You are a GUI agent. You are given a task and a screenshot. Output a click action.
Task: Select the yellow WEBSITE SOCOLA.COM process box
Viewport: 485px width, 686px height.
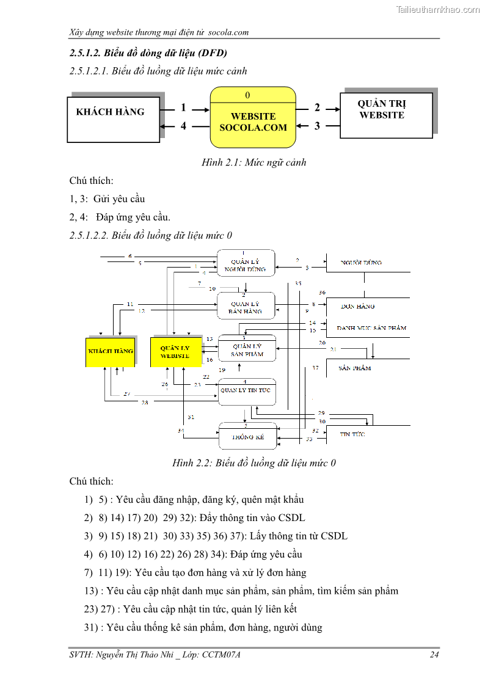pyautogui.click(x=253, y=122)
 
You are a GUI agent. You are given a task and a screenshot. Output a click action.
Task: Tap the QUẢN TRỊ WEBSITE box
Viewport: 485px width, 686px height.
pyautogui.click(x=385, y=115)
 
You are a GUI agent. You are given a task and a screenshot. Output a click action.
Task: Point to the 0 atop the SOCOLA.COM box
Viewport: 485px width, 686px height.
pyautogui.click(x=247, y=95)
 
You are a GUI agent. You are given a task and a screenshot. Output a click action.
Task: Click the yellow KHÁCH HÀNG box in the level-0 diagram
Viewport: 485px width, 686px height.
pyautogui.click(x=110, y=351)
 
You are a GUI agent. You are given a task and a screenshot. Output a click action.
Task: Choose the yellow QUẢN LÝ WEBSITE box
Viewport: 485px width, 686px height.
pyautogui.click(x=175, y=351)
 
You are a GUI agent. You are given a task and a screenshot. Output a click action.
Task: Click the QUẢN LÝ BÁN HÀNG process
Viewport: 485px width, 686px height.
pyautogui.click(x=246, y=306)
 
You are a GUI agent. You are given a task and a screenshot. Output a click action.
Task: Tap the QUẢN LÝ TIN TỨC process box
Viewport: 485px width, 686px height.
pyautogui.click(x=247, y=392)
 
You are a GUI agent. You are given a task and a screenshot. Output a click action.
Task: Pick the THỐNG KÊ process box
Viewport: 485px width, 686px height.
pyautogui.click(x=247, y=436)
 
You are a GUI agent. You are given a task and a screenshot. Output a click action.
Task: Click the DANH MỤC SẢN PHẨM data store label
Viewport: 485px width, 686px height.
pyautogui.click(x=371, y=328)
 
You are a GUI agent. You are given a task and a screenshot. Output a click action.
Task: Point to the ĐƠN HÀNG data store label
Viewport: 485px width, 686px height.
pyautogui.click(x=357, y=306)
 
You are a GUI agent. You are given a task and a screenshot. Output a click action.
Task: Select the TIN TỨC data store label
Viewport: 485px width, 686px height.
pyautogui.click(x=352, y=434)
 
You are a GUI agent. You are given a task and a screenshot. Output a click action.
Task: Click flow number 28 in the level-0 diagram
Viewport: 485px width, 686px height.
pyautogui.click(x=145, y=402)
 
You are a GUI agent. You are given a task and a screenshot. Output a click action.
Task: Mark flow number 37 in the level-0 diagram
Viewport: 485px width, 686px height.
pyautogui.click(x=315, y=368)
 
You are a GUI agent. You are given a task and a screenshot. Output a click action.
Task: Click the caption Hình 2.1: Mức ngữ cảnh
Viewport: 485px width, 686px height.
pyautogui.click(x=253, y=162)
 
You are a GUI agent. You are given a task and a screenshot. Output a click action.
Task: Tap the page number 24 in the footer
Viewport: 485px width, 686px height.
pyautogui.click(x=434, y=655)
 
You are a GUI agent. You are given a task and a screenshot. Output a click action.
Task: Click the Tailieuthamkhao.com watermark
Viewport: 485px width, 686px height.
pyautogui.click(x=438, y=10)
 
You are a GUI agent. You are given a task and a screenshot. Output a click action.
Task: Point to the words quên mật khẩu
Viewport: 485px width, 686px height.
pyautogui.click(x=272, y=500)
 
